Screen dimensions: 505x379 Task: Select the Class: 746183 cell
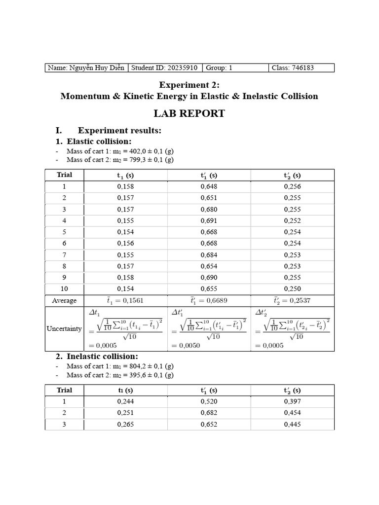293,68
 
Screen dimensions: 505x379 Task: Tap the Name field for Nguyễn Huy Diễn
86,68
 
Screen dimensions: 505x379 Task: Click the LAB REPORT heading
189,113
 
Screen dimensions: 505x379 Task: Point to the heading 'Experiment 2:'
189,85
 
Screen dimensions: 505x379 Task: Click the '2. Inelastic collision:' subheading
102,356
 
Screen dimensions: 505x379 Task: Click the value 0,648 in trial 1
209,186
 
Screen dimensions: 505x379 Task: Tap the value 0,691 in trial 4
209,220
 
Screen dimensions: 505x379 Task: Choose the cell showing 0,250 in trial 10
292,289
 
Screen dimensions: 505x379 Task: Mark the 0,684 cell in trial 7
209,254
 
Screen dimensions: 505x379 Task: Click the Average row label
64,300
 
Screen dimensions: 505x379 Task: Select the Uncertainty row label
64,328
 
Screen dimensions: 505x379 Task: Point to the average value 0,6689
209,300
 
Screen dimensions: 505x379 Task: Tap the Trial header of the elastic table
64,175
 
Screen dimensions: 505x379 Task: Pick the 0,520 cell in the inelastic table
209,401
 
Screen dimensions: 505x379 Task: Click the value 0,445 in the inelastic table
292,424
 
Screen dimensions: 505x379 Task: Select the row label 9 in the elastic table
64,277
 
